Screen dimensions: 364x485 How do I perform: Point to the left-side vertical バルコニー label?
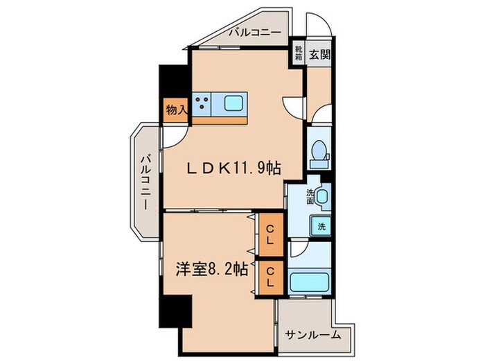coord(146,182)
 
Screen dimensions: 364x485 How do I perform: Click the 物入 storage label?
coord(176,109)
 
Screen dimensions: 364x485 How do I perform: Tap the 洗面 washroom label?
coord(310,196)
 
